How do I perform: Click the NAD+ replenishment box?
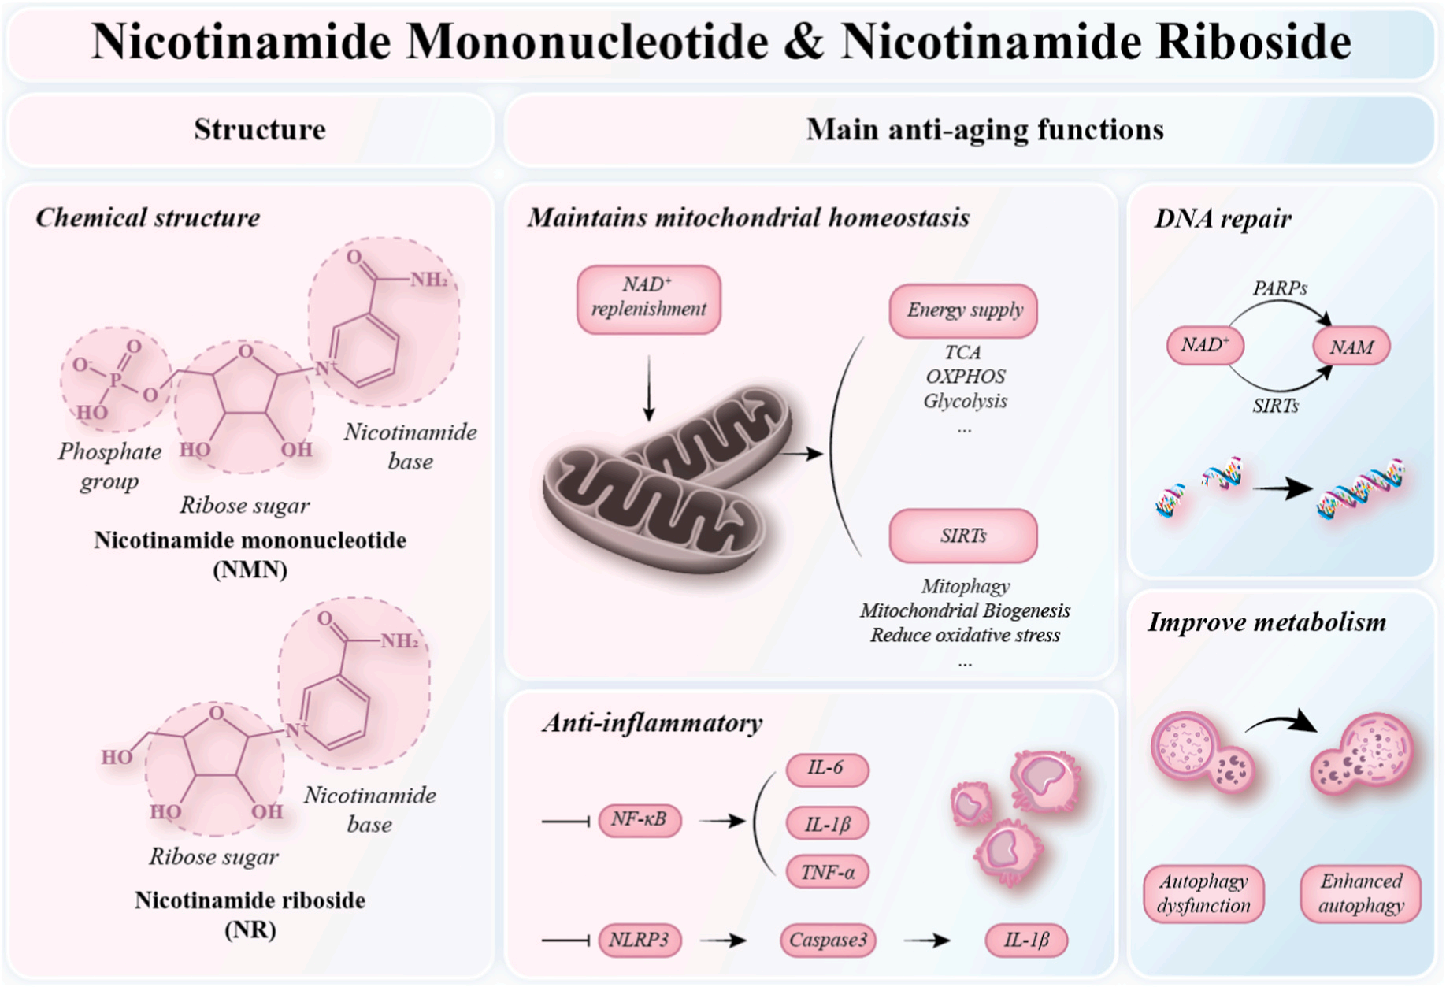(x=649, y=299)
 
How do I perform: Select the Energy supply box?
(x=963, y=310)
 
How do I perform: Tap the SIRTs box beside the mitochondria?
(x=963, y=536)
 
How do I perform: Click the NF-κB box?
(x=640, y=820)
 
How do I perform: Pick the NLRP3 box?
(x=640, y=940)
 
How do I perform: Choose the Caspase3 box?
(x=828, y=940)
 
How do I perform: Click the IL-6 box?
(x=827, y=769)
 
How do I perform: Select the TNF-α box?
(x=827, y=872)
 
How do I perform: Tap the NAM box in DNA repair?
(x=1351, y=347)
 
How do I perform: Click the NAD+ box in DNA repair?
(x=1205, y=345)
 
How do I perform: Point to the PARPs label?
(x=1280, y=289)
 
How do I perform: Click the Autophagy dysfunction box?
(x=1203, y=893)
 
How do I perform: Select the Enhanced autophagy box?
(x=1361, y=893)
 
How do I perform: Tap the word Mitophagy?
(x=966, y=586)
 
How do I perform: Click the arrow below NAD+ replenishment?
(x=649, y=388)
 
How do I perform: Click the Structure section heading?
(x=260, y=130)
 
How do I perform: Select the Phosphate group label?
(x=109, y=466)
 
